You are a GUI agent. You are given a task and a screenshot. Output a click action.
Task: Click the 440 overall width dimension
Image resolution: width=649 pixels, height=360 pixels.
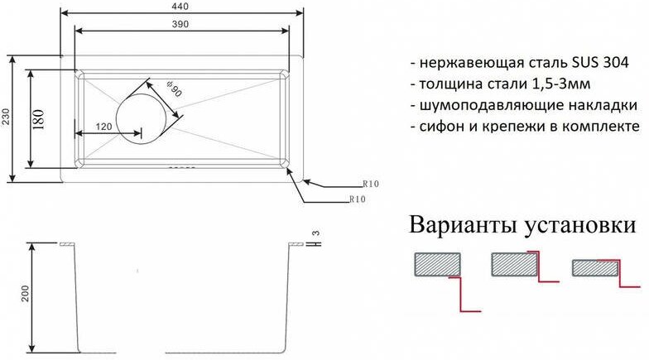180,6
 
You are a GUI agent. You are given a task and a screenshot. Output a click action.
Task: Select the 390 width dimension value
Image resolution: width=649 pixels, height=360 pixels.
180,24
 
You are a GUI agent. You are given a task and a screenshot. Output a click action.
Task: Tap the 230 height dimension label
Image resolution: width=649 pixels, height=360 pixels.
7,119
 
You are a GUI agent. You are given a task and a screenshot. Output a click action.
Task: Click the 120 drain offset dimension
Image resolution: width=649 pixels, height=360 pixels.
103,127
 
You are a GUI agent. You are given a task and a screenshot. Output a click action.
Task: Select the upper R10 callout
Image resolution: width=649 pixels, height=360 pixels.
370,184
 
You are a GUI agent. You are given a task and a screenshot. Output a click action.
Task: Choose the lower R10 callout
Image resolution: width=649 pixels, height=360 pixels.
357,200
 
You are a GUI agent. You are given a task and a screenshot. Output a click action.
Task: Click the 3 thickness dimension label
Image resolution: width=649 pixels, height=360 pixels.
315,233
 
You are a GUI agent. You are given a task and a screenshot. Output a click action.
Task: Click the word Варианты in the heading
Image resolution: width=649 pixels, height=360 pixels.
460,226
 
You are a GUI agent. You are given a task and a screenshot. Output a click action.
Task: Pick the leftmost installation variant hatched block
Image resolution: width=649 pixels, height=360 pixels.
435,264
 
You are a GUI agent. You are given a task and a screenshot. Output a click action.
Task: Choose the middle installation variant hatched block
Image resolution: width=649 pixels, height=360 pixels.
514,264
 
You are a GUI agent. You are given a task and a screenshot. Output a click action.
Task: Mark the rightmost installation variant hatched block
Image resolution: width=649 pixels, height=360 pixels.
593,267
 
